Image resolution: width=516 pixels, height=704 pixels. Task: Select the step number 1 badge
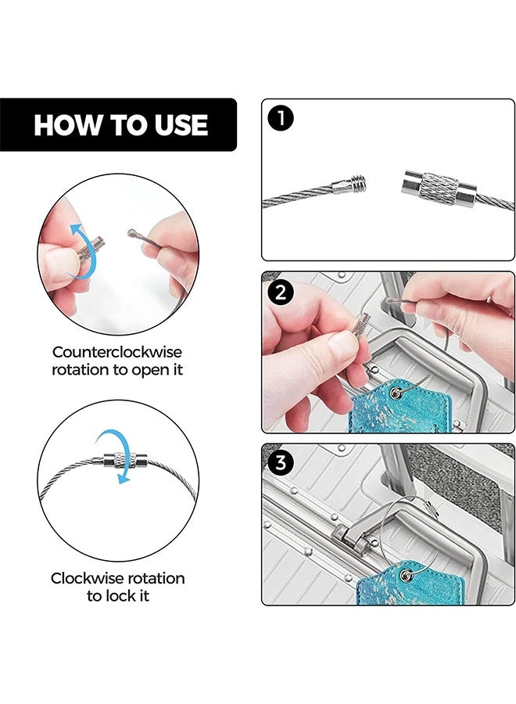click(x=281, y=119)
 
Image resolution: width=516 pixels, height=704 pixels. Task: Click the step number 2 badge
click(x=281, y=293)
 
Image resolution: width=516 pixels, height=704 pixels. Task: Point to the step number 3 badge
click(x=281, y=462)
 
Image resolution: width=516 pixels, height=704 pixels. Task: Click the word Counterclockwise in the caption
click(x=117, y=351)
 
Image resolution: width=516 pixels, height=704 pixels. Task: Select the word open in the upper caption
click(x=149, y=371)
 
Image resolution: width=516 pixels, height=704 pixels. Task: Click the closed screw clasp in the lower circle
click(x=120, y=460)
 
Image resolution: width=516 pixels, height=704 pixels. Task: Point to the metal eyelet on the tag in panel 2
click(x=396, y=393)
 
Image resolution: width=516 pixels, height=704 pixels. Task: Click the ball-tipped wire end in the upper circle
click(x=131, y=233)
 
